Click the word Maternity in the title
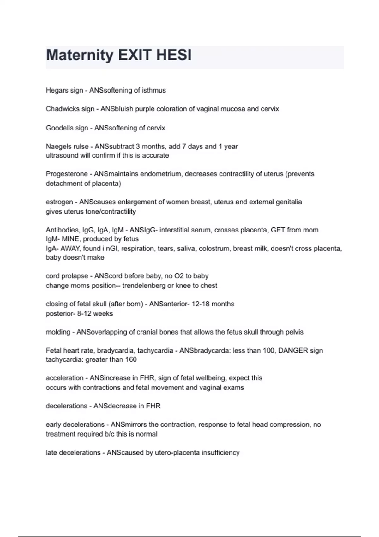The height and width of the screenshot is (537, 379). pyautogui.click(x=80, y=56)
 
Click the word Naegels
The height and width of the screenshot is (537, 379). pyautogui.click(x=58, y=147)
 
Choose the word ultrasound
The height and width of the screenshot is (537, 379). pyautogui.click(x=62, y=155)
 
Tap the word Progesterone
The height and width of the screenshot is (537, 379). pyautogui.click(x=67, y=174)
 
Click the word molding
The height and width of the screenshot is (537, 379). pyautogui.click(x=58, y=332)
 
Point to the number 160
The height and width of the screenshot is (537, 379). pyautogui.click(x=131, y=359)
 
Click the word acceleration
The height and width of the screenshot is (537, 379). pyautogui.click(x=64, y=378)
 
